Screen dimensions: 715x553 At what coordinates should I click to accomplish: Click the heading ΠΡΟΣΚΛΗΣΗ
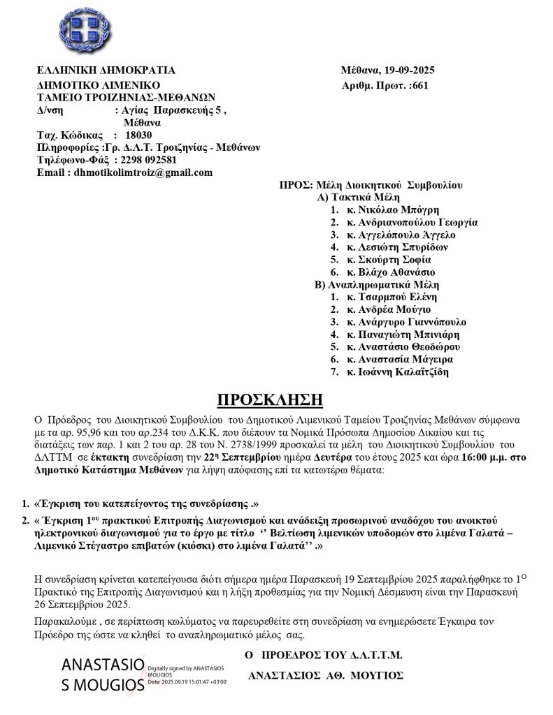tap(271, 399)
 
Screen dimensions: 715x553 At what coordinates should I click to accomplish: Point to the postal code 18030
tap(138, 135)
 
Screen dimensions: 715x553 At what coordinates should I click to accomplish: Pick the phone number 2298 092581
tap(145, 160)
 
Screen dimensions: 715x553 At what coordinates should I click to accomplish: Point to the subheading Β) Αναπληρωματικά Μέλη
tap(370, 285)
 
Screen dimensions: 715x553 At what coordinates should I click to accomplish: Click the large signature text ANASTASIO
tap(103, 663)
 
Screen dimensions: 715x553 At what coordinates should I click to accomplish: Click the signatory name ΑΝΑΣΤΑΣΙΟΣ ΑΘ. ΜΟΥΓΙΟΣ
tap(326, 676)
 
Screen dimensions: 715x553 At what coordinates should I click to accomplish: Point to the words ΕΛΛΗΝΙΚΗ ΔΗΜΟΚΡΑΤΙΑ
tap(106, 71)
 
